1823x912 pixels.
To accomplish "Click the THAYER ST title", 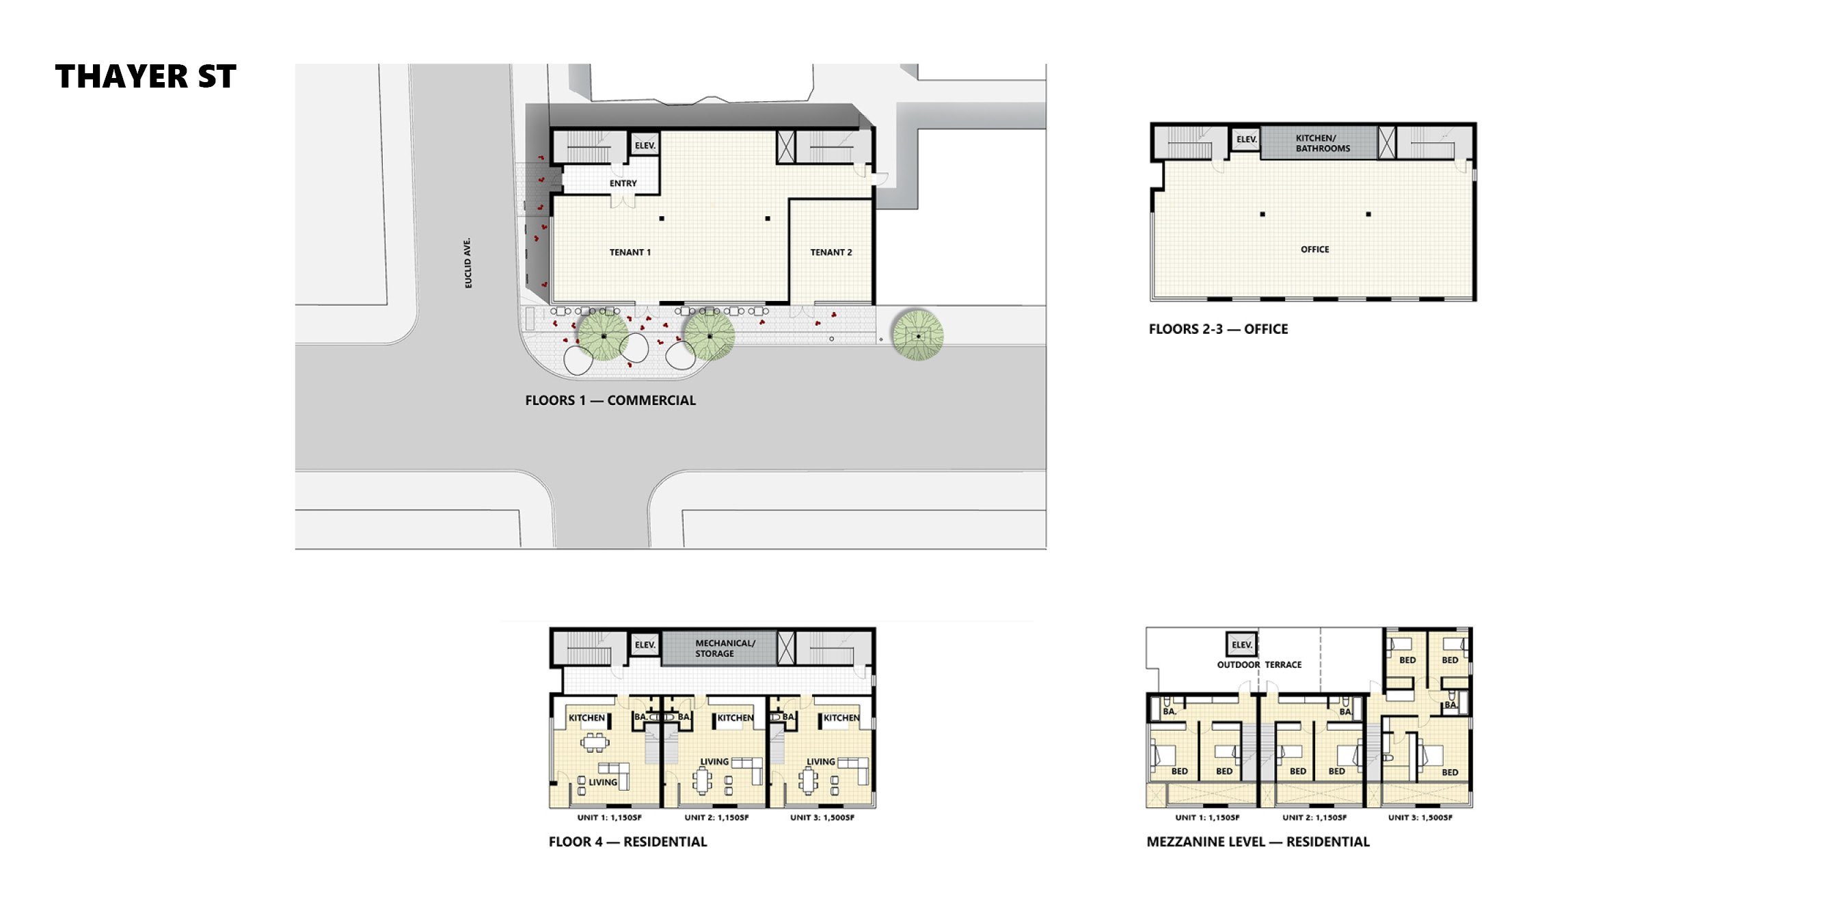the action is (x=146, y=77).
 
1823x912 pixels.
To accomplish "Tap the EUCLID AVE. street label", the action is (x=468, y=263).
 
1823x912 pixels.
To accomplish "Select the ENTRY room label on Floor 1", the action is (x=623, y=183).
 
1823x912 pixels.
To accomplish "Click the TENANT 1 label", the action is (x=630, y=252).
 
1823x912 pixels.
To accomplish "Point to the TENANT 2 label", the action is (x=831, y=252).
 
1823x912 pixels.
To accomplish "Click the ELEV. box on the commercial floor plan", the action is (x=645, y=145).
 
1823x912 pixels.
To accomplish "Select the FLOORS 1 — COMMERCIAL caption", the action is (x=610, y=401).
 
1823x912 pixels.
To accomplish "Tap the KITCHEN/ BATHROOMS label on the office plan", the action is (x=1323, y=143).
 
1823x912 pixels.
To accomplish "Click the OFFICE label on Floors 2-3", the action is (x=1315, y=249).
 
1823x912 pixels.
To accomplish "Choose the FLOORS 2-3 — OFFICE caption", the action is (x=1218, y=329).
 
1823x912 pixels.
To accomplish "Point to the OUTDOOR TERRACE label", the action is (x=1259, y=665).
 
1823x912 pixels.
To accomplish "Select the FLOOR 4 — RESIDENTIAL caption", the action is (x=627, y=842).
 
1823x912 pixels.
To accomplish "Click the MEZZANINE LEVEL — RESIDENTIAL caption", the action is (x=1258, y=842).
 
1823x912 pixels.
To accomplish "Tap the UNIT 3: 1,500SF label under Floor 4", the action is (x=822, y=818).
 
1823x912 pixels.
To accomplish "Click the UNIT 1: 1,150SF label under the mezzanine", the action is (x=1207, y=818).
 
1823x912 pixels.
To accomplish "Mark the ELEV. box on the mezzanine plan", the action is (x=1242, y=644).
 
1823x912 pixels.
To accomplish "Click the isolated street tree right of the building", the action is (x=917, y=336).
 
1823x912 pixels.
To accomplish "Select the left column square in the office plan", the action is (x=1262, y=214).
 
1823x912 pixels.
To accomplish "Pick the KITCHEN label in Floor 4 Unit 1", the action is (x=586, y=718).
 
